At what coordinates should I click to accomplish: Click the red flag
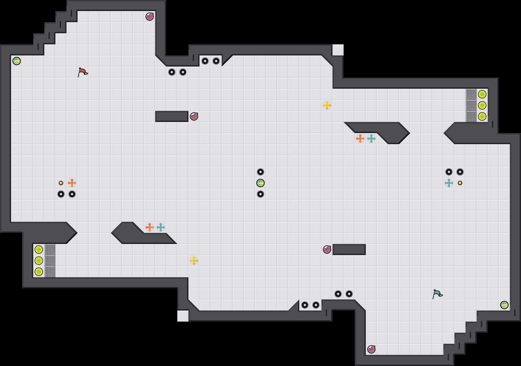coord(83,72)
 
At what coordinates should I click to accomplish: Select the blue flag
coord(437,294)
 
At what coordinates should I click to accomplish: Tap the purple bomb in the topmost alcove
coord(150,17)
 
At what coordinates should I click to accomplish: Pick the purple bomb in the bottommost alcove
coord(371,349)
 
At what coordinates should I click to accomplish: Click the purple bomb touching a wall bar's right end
coord(194,116)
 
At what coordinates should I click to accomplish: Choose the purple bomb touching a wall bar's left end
coord(327,250)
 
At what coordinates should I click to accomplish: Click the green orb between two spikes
coord(260,183)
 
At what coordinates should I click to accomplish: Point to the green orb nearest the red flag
coord(17,61)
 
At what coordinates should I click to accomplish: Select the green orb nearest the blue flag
coord(504,305)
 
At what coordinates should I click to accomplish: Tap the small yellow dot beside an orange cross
coord(61,183)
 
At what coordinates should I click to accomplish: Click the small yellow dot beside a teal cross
coord(460,183)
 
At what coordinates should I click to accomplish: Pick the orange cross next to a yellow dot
coord(72,183)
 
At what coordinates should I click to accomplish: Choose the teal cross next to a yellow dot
coord(449,183)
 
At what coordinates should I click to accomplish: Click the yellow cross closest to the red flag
coord(194,261)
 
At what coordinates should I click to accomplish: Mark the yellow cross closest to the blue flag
coord(327,105)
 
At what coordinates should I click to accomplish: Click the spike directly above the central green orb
coord(260,172)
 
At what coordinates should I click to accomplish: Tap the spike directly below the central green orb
coord(260,194)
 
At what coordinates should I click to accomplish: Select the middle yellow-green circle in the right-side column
coord(482,105)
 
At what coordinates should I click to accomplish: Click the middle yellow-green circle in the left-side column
coord(39,261)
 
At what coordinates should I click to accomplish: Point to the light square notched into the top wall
coord(338,50)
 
